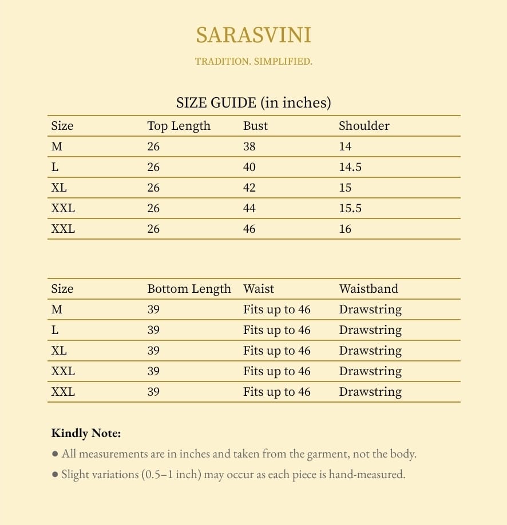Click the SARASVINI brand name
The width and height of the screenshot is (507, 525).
point(254,35)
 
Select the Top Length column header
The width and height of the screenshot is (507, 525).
point(179,126)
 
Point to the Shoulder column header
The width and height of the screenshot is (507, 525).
point(364,126)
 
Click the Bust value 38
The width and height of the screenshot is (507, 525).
point(249,146)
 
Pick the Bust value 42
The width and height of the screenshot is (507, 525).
point(249,188)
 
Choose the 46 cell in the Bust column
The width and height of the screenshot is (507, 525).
point(249,229)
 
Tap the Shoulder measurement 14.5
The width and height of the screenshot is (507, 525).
point(350,167)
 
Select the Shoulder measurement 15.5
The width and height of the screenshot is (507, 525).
point(350,208)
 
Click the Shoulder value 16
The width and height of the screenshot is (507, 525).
point(345,229)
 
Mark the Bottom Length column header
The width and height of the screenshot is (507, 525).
point(189,289)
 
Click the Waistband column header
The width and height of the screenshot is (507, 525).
point(369,289)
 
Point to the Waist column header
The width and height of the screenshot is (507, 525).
point(259,289)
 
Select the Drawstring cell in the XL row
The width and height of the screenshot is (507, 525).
point(370,351)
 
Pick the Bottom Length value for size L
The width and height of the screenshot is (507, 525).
point(153,330)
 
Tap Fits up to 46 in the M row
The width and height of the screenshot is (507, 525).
point(276,309)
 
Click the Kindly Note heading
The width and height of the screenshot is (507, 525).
point(86,433)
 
